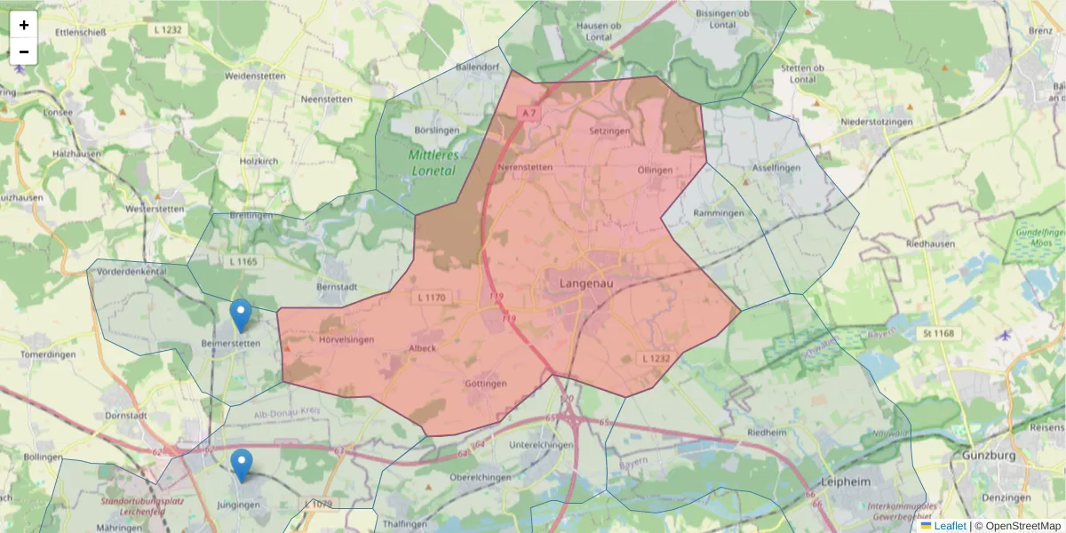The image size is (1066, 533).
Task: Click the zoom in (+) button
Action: (x=24, y=25)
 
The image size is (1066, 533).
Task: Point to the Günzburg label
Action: (x=990, y=456)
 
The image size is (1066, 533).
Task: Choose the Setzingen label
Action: (x=609, y=131)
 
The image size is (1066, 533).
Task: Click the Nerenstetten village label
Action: (x=525, y=166)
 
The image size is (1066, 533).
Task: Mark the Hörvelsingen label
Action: (x=346, y=339)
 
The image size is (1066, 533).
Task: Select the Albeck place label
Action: (x=422, y=348)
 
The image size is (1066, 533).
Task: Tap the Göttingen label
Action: (x=485, y=384)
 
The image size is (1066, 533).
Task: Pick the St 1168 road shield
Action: (x=937, y=333)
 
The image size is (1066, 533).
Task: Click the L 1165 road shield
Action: (x=242, y=262)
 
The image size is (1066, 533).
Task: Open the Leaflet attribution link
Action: (x=950, y=526)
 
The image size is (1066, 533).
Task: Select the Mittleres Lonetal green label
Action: (x=432, y=163)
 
